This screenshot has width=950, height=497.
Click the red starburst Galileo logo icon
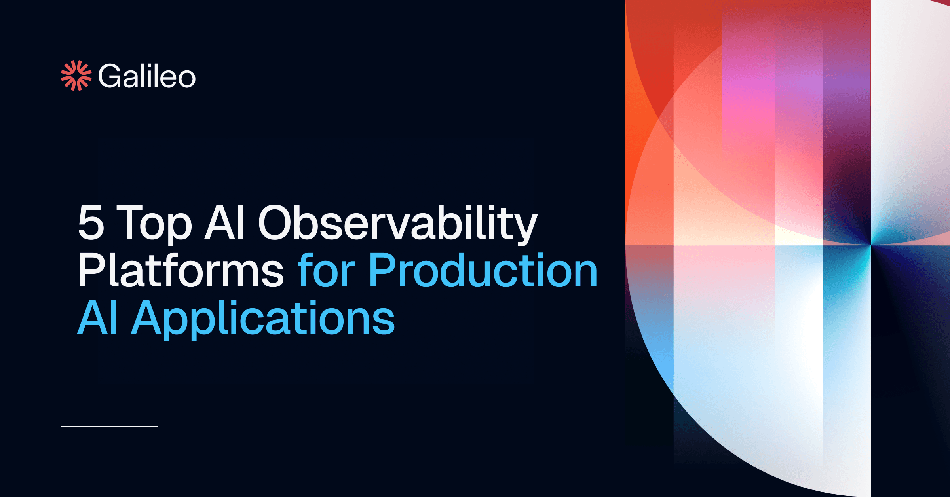pyautogui.click(x=76, y=76)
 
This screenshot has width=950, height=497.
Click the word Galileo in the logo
pyautogui.click(x=146, y=76)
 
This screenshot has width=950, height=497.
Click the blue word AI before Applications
pyautogui.click(x=97, y=317)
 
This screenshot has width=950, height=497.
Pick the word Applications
pyautogui.click(x=263, y=319)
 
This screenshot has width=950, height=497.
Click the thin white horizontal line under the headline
pyautogui.click(x=109, y=427)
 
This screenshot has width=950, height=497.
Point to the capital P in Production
pyautogui.click(x=382, y=270)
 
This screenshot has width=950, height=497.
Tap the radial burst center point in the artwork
pyautogui.click(x=870, y=245)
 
